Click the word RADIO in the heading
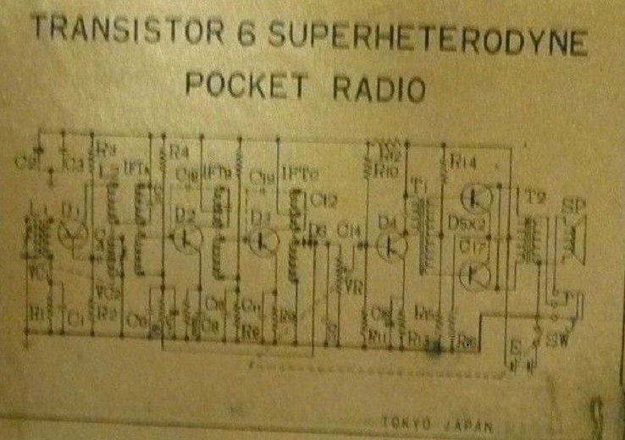point(377,86)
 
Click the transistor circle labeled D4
point(391,245)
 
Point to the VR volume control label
point(355,287)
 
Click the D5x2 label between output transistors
point(467,225)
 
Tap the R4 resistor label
point(178,153)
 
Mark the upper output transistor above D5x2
point(475,197)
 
